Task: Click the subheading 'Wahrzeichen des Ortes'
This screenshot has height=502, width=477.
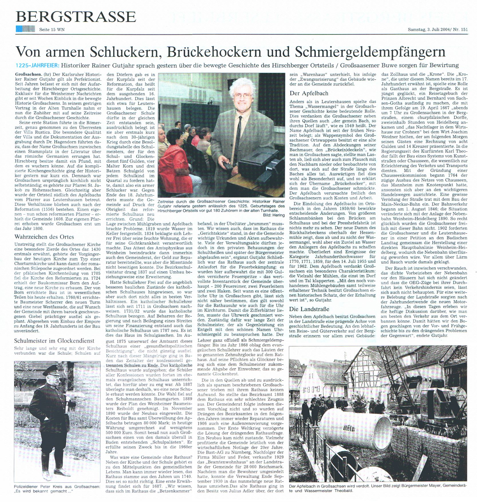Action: pos(44,237)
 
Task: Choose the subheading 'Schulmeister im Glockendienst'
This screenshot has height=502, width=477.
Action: pos(54,341)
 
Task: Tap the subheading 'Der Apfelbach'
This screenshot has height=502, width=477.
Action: pos(309,93)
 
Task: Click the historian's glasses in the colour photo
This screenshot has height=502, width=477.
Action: pos(244,96)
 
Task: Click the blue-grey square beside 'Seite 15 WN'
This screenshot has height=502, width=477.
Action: pos(25,29)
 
